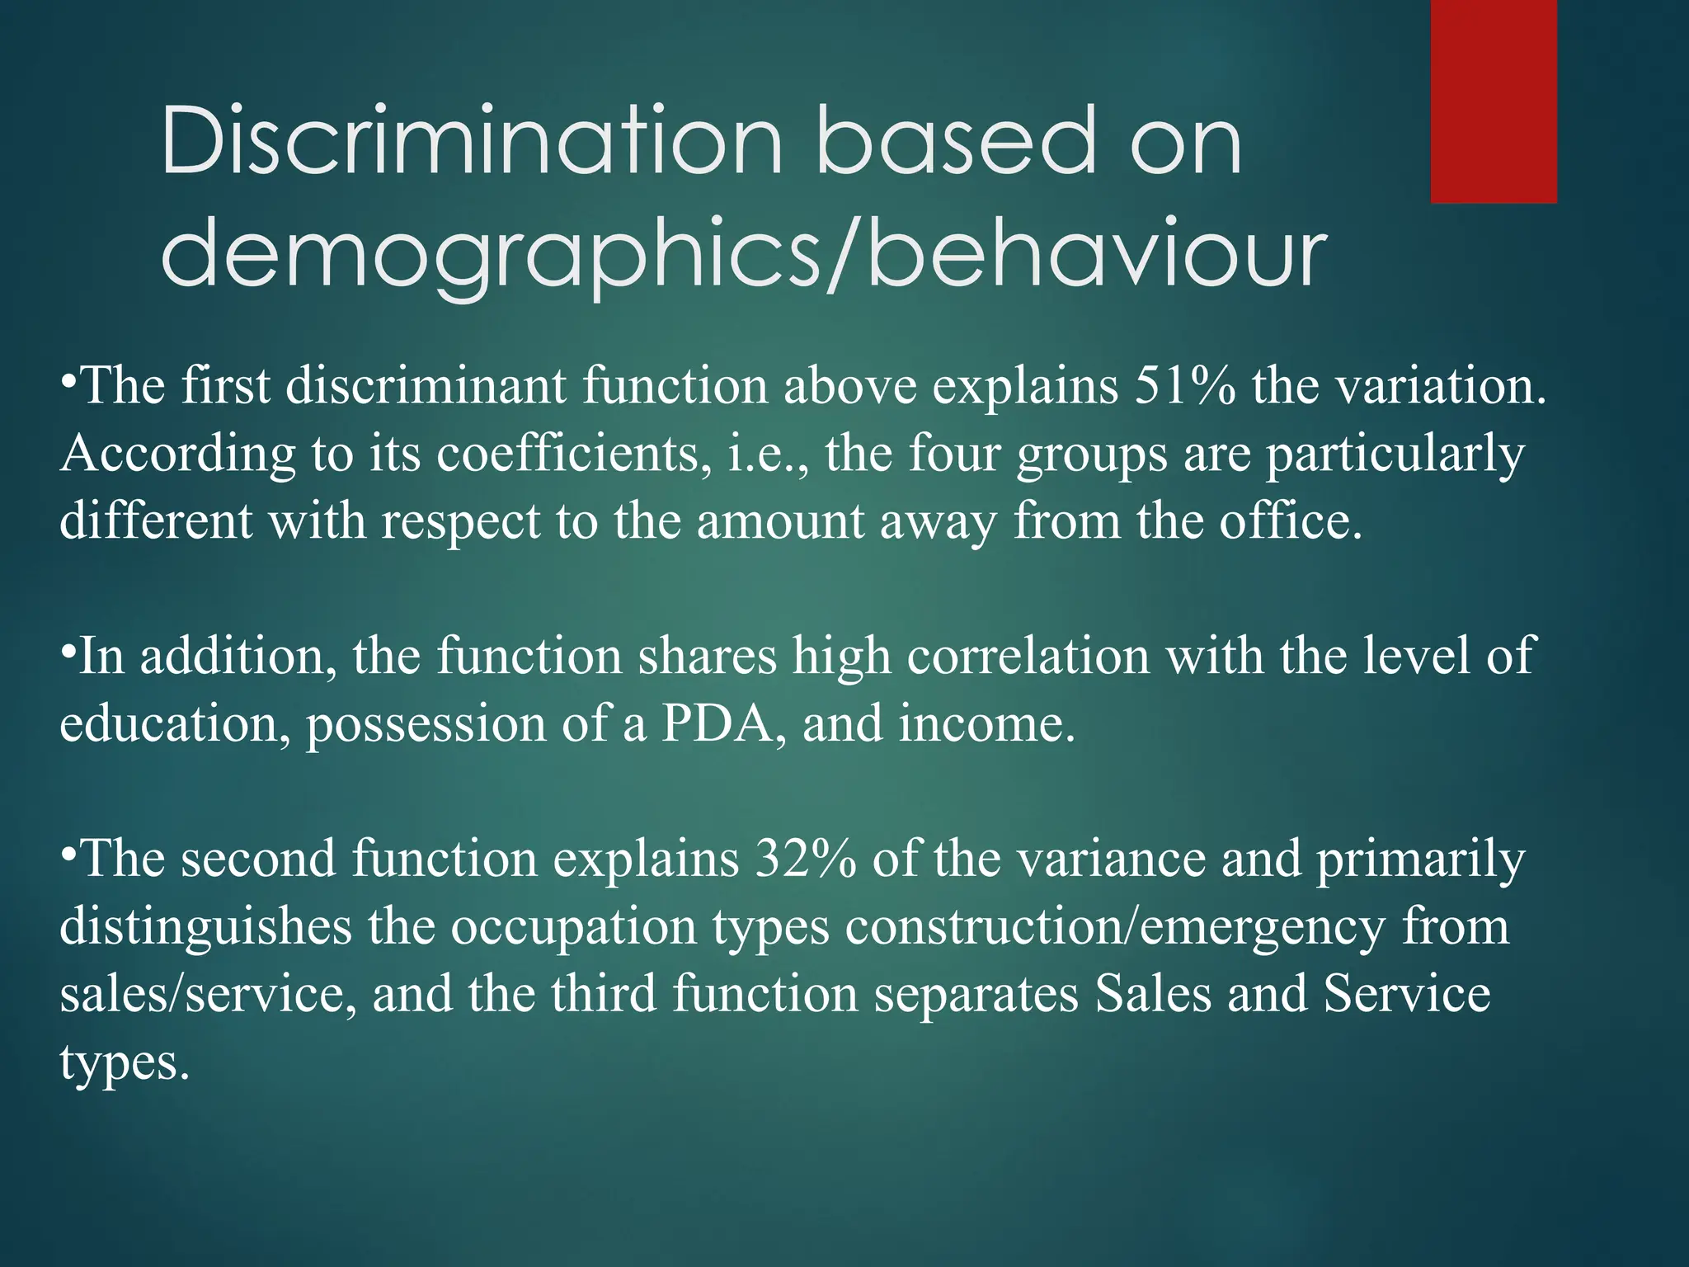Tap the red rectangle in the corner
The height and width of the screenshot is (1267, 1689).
click(x=1494, y=101)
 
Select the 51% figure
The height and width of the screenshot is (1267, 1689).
click(x=1185, y=385)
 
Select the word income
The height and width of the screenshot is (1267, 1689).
click(x=987, y=723)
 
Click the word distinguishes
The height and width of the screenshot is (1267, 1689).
click(x=205, y=926)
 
